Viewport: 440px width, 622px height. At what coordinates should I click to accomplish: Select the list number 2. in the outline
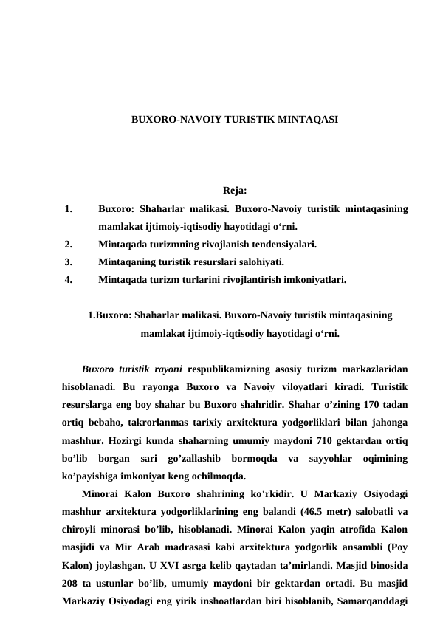coord(68,243)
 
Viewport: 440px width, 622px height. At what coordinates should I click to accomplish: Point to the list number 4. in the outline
coord(68,280)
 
